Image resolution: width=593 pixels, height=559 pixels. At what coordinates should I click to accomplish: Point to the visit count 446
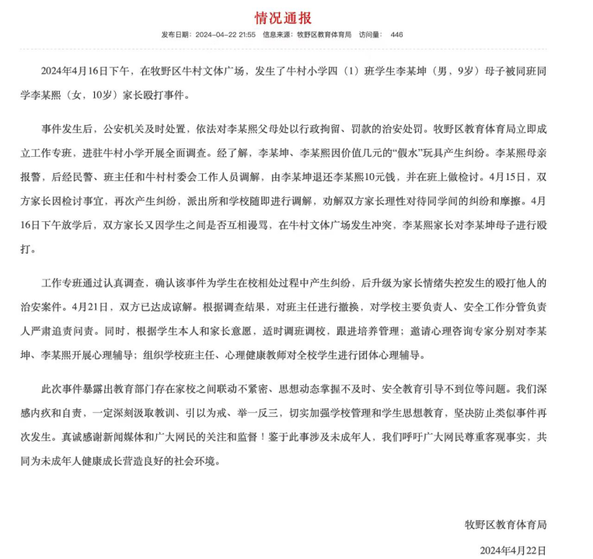[x=396, y=35]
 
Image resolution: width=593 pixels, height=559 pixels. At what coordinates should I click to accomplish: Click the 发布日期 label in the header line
[x=176, y=35]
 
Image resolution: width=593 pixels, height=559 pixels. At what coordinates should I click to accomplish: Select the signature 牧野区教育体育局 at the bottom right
[x=505, y=524]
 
